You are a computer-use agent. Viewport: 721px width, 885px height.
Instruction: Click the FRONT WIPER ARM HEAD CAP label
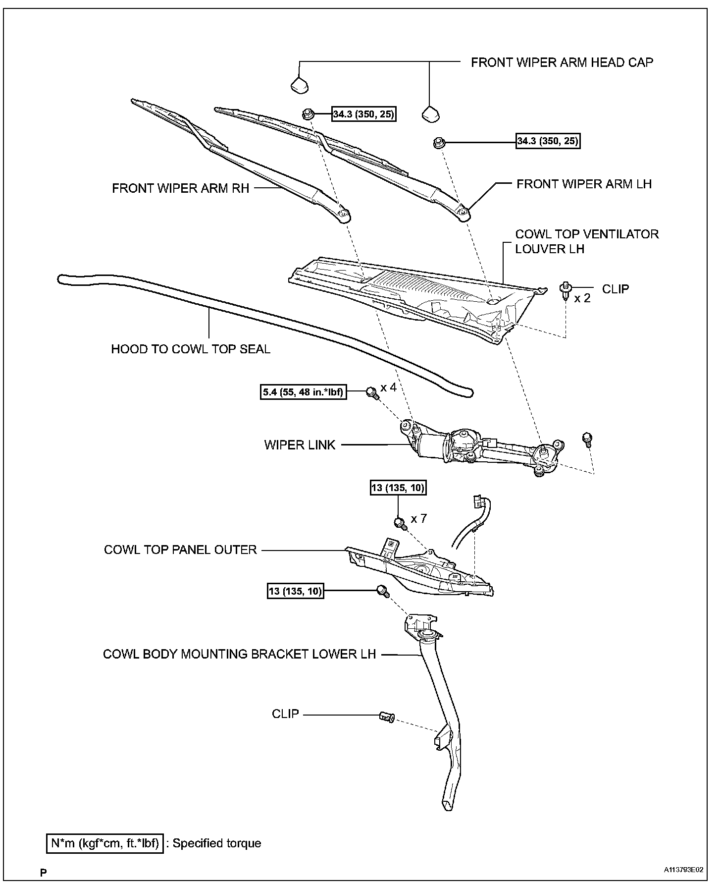[562, 62]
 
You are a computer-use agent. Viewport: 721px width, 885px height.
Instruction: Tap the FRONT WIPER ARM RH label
[180, 189]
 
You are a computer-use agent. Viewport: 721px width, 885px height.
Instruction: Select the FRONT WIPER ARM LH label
[584, 184]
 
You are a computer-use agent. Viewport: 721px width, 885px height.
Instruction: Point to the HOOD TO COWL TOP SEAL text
[191, 349]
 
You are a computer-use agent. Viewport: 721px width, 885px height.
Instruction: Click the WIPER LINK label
[300, 445]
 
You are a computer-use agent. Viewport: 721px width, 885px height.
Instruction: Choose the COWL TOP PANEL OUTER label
[180, 550]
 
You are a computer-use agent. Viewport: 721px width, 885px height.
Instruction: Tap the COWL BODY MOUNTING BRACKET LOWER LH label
[239, 654]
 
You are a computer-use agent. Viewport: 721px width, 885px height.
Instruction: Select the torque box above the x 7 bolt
[398, 488]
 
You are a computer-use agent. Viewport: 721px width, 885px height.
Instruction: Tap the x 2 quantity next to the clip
[582, 298]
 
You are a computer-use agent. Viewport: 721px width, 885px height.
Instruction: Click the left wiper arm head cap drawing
[299, 85]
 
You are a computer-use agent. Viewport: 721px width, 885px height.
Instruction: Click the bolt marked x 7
[400, 522]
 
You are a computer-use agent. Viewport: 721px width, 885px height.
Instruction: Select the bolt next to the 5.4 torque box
[371, 393]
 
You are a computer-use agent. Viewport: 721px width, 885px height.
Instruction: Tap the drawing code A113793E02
[683, 870]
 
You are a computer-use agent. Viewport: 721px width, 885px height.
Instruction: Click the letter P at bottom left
[44, 873]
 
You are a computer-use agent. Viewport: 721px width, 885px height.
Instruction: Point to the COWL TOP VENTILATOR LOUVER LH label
[586, 241]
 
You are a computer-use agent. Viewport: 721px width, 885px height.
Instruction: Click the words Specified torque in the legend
[217, 843]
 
